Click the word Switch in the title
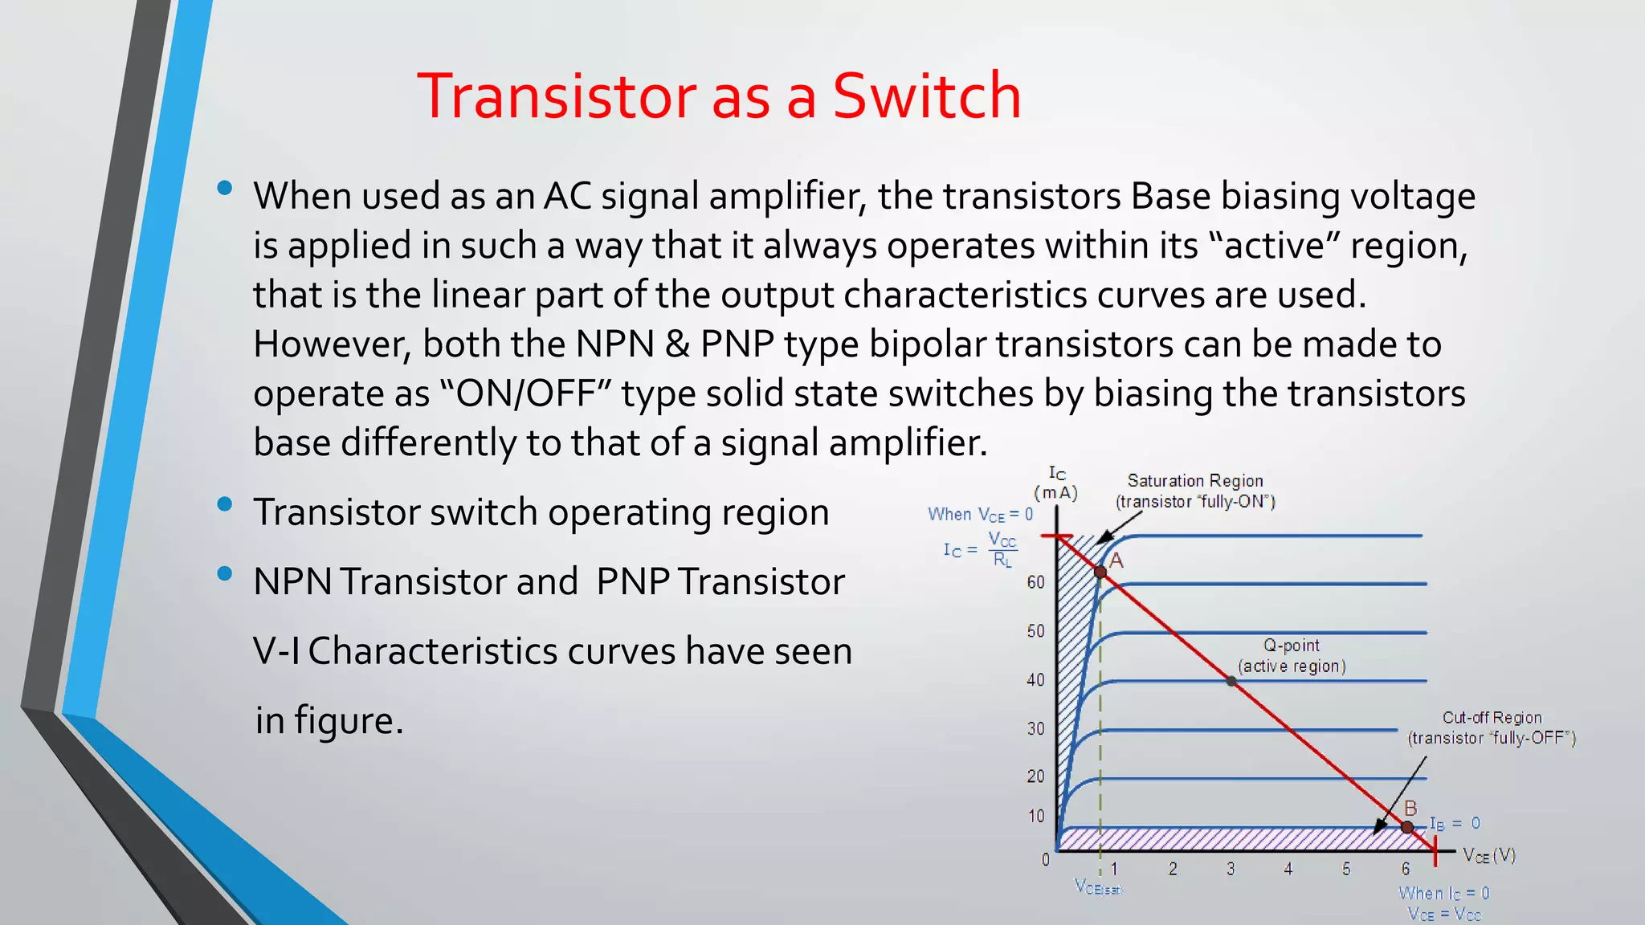pos(926,96)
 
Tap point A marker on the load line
pos(1100,572)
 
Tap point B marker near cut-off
pos(1407,827)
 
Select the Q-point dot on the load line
pos(1231,681)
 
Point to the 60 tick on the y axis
pos(1036,582)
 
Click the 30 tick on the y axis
pos(1036,728)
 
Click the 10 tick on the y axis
pos(1036,816)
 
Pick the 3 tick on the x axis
pos(1231,869)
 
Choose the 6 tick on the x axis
pos(1406,869)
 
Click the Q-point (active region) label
pos(1292,655)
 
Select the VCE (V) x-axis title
pos(1488,855)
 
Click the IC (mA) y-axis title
pos(1056,483)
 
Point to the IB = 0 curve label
pos(1455,823)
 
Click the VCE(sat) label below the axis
pos(1098,887)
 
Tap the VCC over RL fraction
pos(1002,550)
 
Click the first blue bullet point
pos(225,189)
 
